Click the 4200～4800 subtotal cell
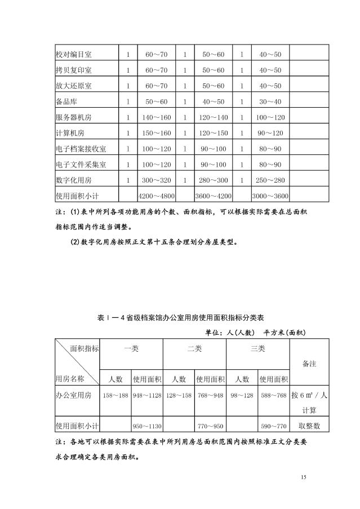157,196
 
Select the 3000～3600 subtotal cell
270,196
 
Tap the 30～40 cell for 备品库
270,101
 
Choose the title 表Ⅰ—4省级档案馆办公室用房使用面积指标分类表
180,317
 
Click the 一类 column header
131,349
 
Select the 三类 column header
257,349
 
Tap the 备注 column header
309,364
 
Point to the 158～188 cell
115,395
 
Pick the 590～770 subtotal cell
273,426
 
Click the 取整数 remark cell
309,426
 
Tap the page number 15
304,478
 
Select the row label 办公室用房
74,395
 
